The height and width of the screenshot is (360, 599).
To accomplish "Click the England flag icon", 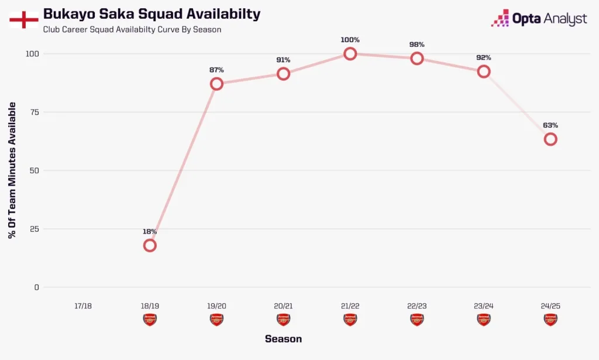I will pos(24,19).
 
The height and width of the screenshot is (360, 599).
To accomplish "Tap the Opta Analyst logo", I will pos(539,19).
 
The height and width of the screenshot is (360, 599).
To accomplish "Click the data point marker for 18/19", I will pos(150,245).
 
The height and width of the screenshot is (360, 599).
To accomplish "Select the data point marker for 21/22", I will pos(350,54).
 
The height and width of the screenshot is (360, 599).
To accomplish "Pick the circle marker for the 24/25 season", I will pos(550,139).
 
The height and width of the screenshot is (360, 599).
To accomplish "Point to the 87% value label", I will pos(216,70).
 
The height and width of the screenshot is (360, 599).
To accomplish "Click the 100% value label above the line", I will pos(350,40).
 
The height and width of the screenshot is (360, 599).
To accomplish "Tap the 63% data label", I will pos(550,125).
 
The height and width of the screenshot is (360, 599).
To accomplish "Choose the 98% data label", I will pos(417,44).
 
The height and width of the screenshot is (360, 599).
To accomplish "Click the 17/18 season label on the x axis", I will pos(83,306).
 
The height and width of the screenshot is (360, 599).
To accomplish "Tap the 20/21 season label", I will pos(283,306).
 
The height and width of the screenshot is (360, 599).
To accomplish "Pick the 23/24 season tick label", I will pos(484,306).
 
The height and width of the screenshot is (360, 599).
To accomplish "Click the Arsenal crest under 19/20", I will pos(216,320).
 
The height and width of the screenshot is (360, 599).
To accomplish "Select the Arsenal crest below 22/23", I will pos(417,320).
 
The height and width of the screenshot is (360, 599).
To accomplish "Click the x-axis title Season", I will pos(283,339).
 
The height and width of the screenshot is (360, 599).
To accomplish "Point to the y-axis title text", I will pos(12,170).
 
